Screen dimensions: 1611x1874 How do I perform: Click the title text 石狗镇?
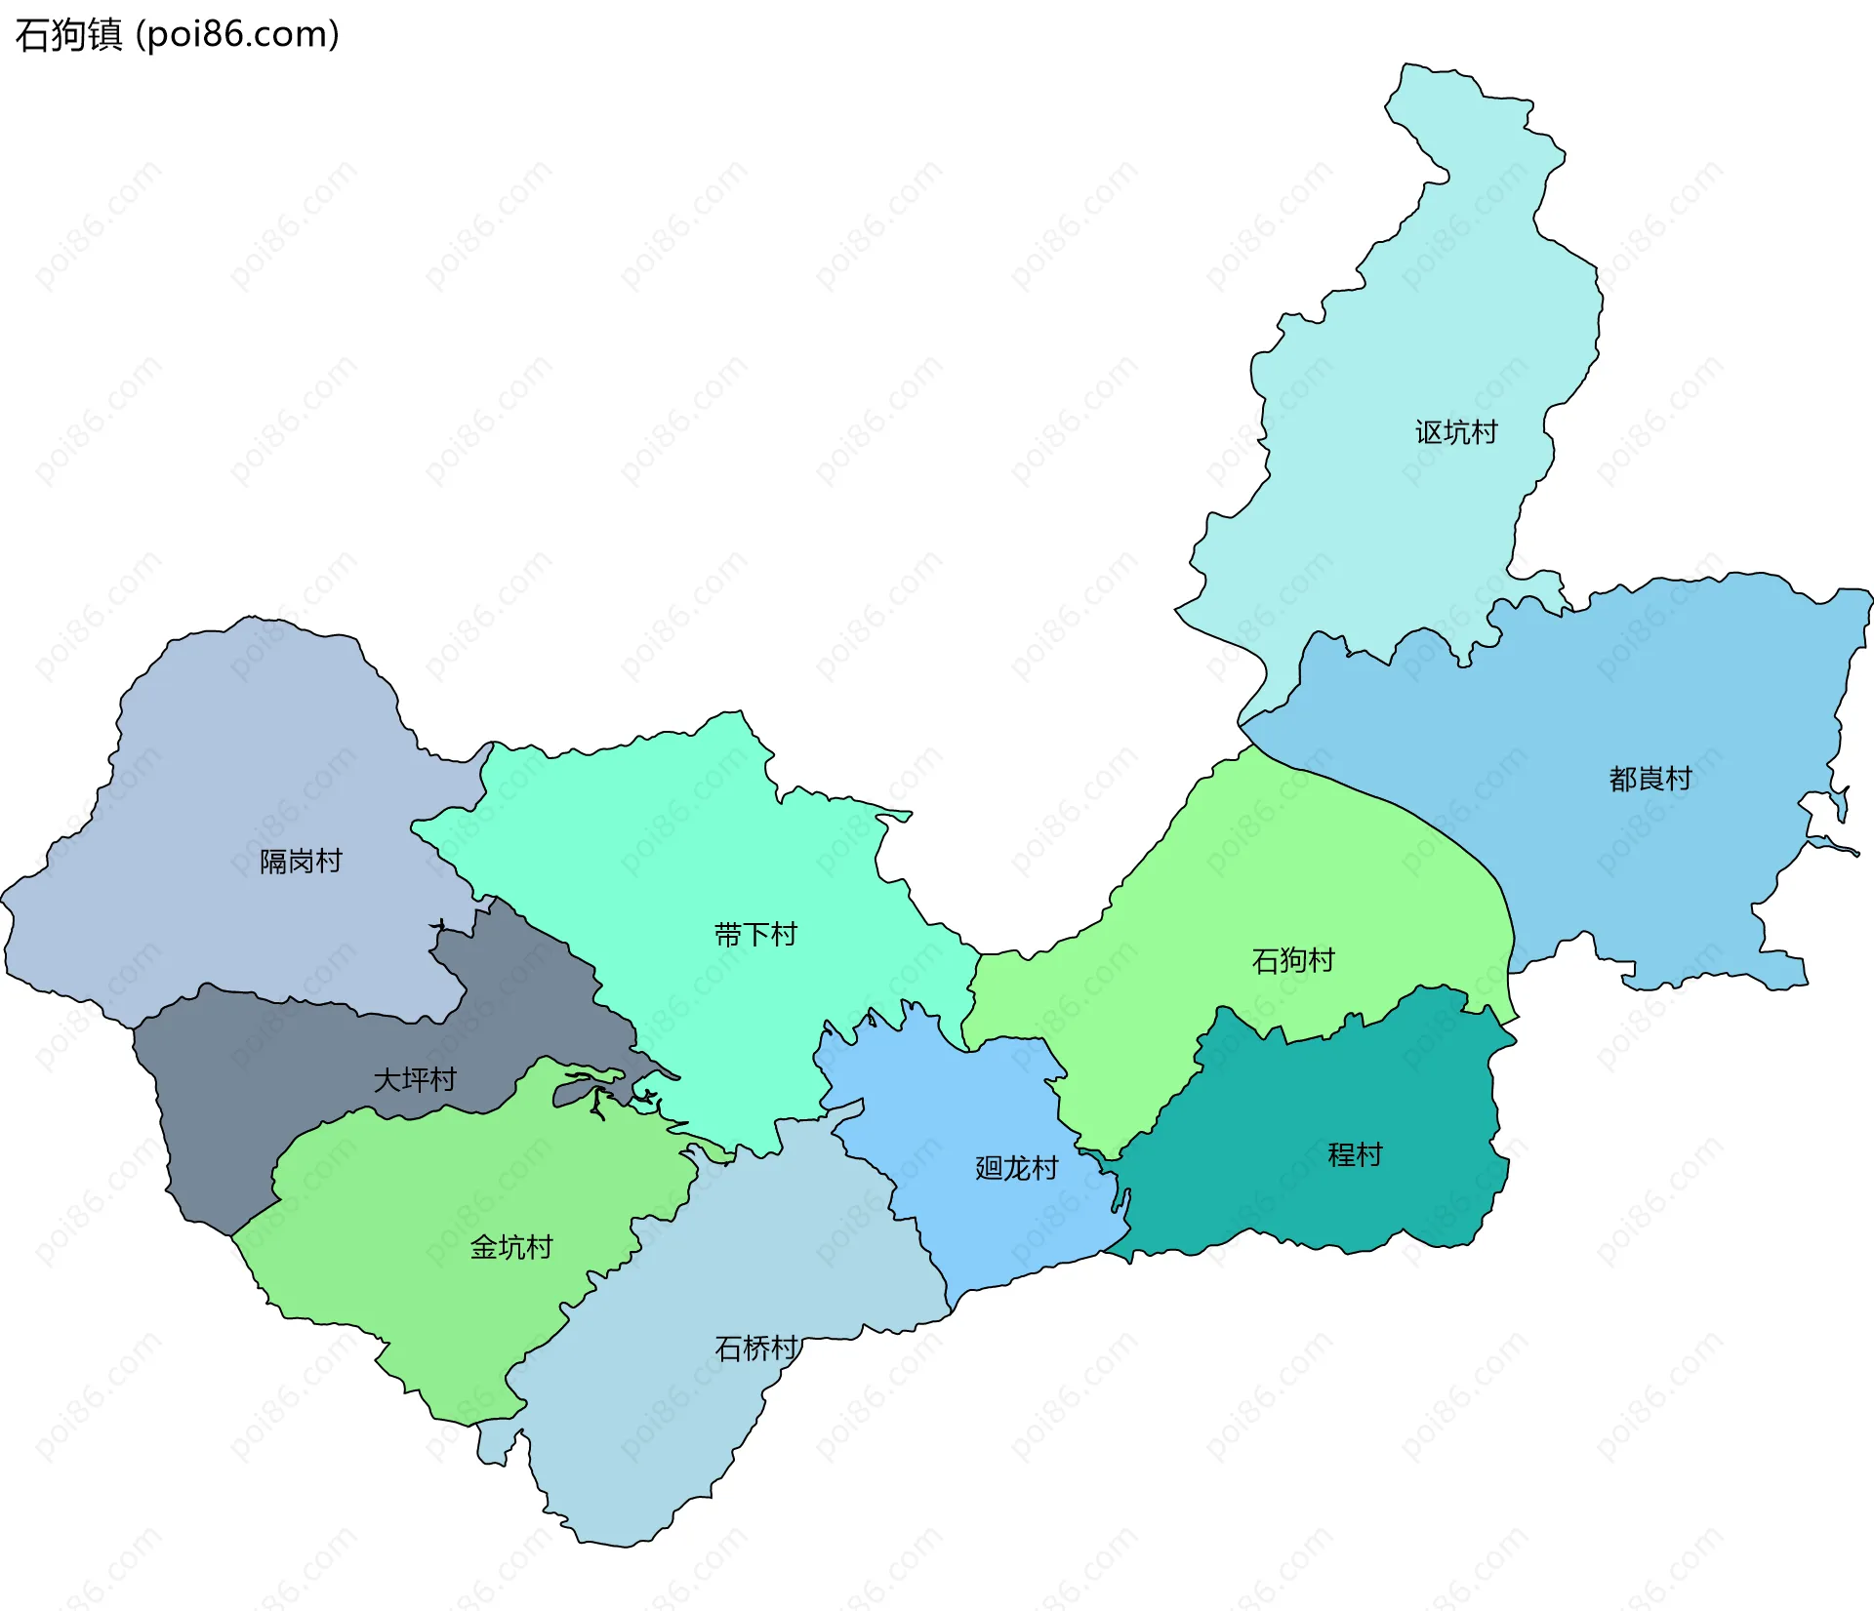[x=68, y=34]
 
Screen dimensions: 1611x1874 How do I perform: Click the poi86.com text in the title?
[x=237, y=34]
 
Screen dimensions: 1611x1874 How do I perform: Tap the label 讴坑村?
[x=1456, y=432]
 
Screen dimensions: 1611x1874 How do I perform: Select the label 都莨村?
[x=1650, y=779]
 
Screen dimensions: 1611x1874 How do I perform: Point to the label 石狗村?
[x=1292, y=960]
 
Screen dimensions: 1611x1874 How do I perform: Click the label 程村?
[x=1355, y=1154]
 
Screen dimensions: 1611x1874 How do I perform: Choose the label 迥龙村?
[x=1016, y=1168]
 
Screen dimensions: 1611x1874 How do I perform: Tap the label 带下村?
[x=755, y=935]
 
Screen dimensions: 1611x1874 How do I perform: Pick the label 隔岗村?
[x=301, y=861]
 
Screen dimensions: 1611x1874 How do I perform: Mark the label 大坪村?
[x=415, y=1079]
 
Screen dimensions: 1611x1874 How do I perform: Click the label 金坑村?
[x=511, y=1247]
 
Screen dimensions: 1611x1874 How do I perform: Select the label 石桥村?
[x=755, y=1349]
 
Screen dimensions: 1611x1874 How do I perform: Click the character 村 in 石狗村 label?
[x=1321, y=960]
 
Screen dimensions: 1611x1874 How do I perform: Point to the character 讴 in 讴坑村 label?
[x=1429, y=432]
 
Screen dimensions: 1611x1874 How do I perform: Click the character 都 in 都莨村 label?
[x=1622, y=779]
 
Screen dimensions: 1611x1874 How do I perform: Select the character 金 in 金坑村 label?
[x=484, y=1247]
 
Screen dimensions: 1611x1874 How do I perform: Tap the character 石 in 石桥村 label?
[x=728, y=1349]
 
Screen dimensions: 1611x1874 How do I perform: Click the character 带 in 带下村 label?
[x=728, y=935]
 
